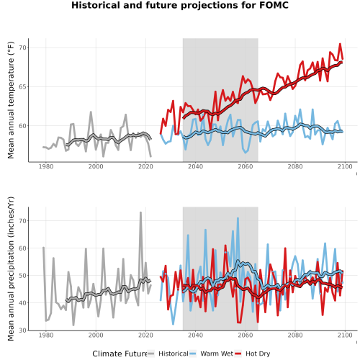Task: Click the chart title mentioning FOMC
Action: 180,5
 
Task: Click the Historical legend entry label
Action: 174,354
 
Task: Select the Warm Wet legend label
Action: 217,354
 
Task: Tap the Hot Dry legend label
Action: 258,354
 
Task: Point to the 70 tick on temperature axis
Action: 22,48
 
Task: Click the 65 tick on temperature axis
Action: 22,86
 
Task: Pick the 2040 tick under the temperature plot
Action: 195,166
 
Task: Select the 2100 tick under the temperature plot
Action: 345,166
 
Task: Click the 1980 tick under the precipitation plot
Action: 46,335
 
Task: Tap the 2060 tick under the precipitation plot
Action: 246,335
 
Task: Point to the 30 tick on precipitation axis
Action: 22,330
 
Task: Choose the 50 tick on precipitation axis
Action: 22,275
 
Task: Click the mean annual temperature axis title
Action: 11,100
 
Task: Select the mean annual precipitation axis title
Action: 11,269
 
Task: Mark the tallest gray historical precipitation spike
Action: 140,212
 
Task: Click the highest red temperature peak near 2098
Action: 340,44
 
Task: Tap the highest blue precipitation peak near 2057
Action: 238,218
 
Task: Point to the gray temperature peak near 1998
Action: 91,112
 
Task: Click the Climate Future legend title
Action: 120,354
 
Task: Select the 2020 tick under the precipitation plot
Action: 145,335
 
